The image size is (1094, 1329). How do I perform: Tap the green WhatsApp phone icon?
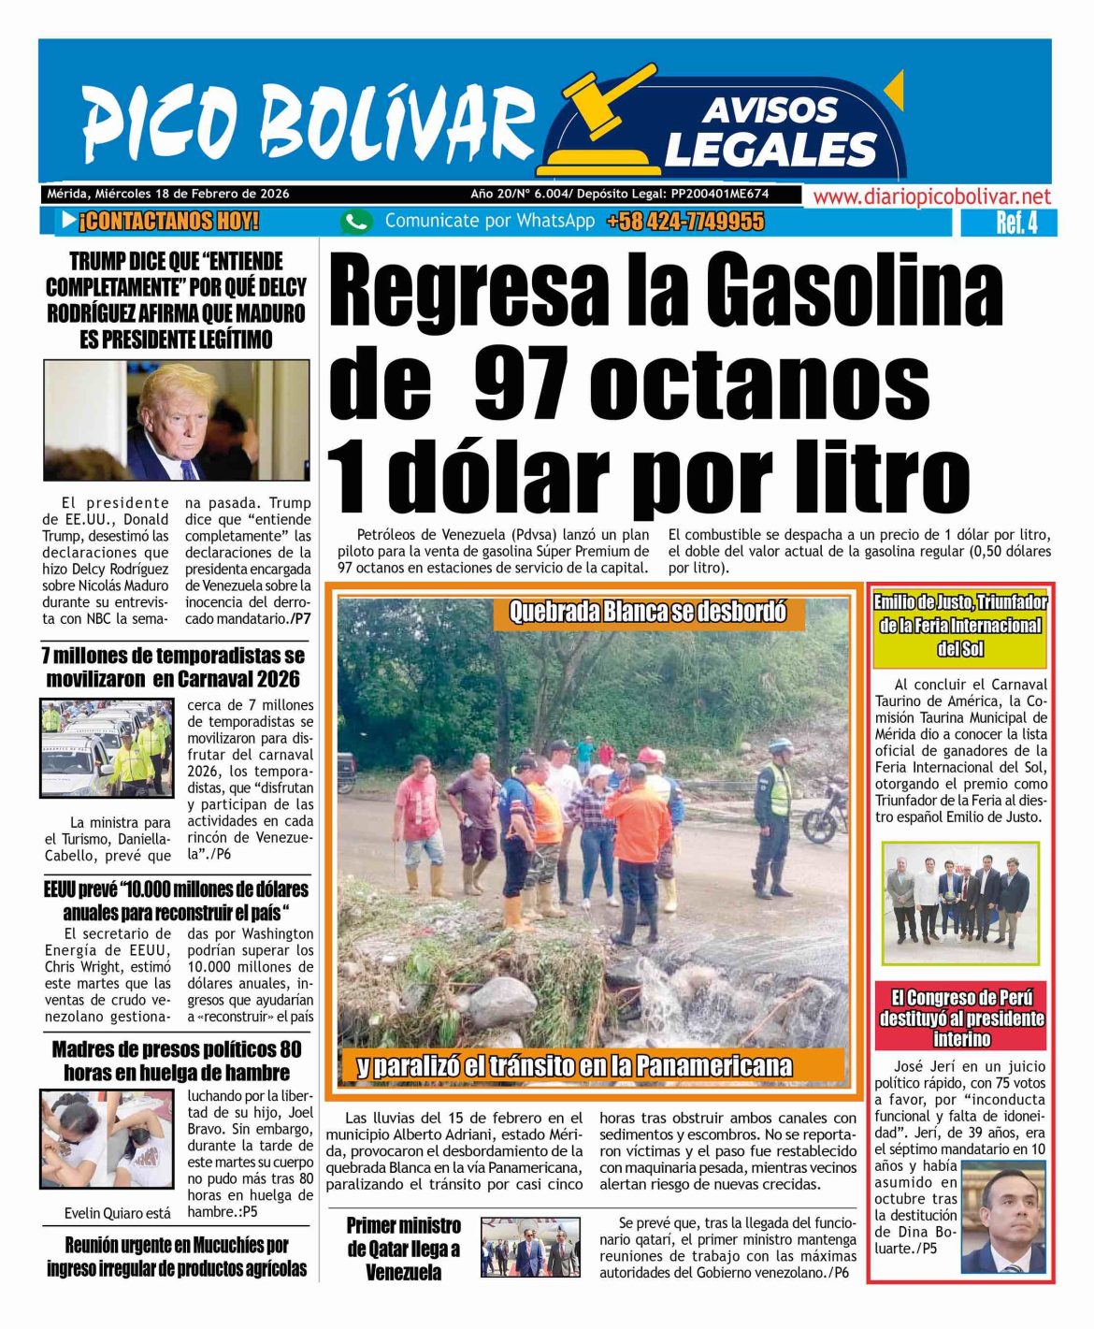pos(355,222)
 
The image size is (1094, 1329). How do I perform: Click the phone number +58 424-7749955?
pos(684,222)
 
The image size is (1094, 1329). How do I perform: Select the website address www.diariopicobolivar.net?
pos(931,196)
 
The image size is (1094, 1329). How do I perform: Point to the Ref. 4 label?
pos(1016,223)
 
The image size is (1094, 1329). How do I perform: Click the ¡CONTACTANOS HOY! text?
pos(168,222)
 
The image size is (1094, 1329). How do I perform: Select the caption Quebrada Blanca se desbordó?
pos(647,612)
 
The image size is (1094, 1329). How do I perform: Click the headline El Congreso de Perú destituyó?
pos(961,1018)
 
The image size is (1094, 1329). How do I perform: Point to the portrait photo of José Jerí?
pos(1003,1217)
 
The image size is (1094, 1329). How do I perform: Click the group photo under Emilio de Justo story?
pos(960,903)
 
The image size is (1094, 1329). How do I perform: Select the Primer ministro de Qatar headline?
pos(404,1249)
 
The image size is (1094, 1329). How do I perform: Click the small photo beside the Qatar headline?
pos(530,1248)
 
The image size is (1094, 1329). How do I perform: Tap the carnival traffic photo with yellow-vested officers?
pos(107,748)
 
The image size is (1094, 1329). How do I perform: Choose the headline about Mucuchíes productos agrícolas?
pos(177,1256)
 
